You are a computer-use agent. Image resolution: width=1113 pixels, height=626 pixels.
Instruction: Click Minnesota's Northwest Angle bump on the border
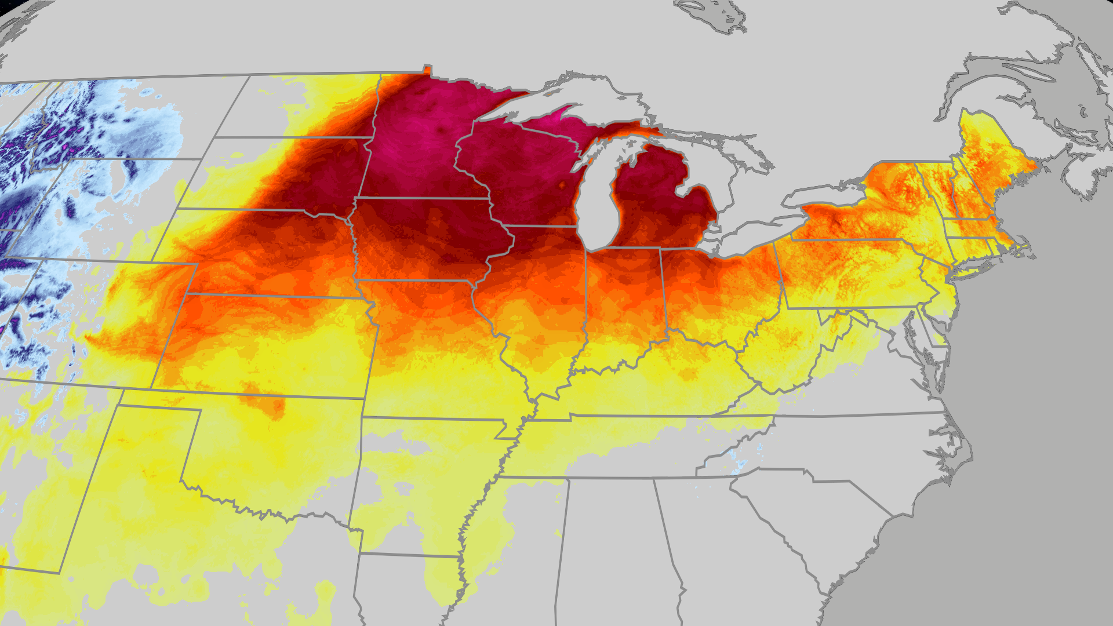click(427, 69)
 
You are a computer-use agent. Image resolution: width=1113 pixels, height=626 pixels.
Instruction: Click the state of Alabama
click(614, 551)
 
